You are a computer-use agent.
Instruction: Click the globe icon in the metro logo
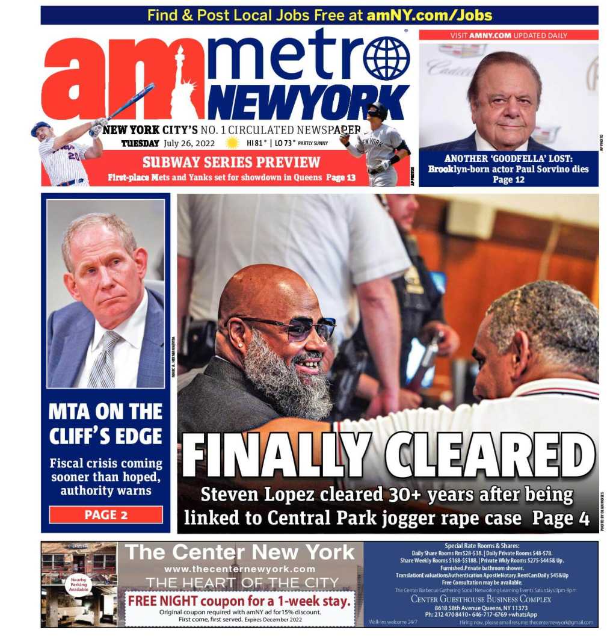point(386,58)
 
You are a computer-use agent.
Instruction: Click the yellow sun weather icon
point(232,143)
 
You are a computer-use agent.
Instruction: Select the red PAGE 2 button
point(106,514)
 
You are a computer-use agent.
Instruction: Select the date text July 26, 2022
point(190,143)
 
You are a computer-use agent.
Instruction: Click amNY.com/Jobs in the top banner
point(429,15)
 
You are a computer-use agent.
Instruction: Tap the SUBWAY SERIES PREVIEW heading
point(231,162)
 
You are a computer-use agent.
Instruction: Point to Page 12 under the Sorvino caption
point(508,179)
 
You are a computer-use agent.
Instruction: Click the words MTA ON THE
point(105,412)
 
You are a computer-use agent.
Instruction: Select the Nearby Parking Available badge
point(78,584)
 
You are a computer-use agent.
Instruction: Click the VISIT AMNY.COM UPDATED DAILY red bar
point(508,35)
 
